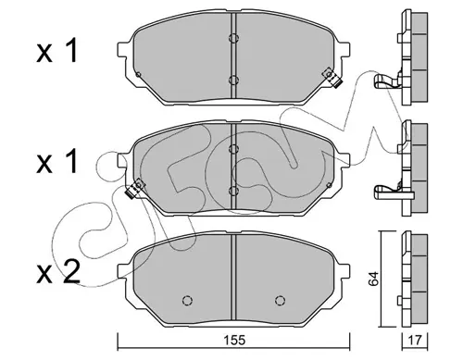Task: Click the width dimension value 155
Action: [235, 341]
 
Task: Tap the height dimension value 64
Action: [373, 279]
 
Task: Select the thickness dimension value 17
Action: [415, 341]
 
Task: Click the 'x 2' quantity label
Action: [58, 271]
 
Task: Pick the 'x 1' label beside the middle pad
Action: [57, 161]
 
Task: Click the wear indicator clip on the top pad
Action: [332, 78]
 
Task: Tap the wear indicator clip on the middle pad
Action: [135, 189]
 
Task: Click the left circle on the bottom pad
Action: [187, 300]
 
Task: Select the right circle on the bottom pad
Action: [280, 300]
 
